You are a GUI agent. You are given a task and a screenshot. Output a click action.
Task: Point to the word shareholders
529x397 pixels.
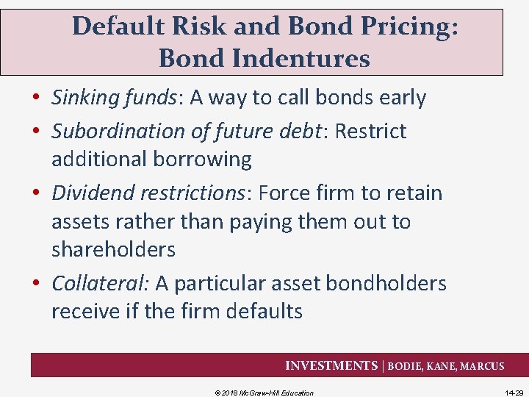(x=113, y=250)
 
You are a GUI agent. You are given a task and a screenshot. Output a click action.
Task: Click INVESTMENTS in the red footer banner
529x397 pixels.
(x=331, y=365)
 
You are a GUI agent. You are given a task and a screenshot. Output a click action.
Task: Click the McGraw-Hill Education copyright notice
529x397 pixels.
(x=264, y=393)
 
